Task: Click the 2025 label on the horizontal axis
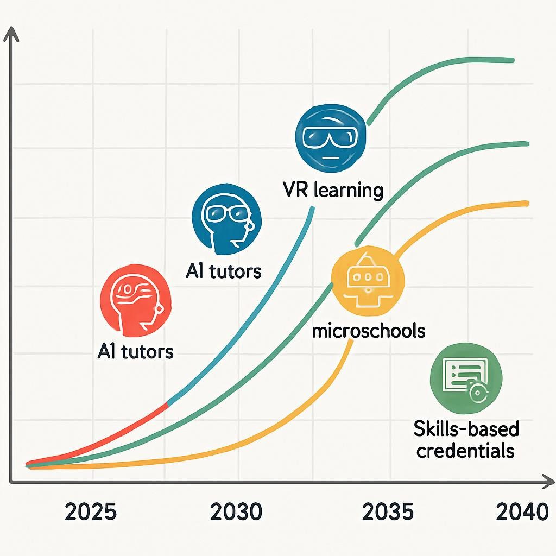click(91, 512)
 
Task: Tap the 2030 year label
click(236, 512)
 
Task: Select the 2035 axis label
click(388, 512)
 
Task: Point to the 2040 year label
click(523, 512)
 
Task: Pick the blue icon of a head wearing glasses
click(227, 219)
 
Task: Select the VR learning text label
click(333, 191)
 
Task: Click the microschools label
click(369, 330)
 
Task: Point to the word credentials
click(465, 450)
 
